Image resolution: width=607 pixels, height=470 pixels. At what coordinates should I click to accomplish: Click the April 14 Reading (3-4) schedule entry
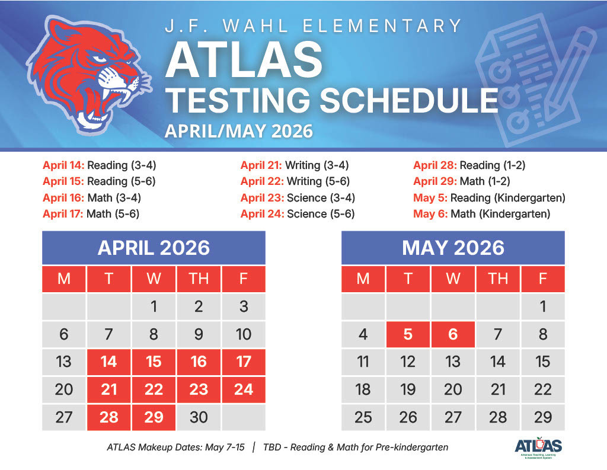point(99,165)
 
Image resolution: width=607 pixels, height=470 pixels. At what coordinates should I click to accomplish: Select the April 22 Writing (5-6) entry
point(295,181)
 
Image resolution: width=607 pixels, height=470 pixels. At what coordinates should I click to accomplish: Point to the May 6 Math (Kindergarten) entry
point(481,213)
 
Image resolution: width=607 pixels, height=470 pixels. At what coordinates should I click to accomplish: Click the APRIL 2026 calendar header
point(154,247)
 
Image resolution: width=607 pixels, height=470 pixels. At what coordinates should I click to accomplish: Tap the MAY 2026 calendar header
point(453,247)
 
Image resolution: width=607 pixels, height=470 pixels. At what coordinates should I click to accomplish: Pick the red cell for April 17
point(243,362)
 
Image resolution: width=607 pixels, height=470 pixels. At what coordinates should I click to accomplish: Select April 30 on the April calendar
point(199,417)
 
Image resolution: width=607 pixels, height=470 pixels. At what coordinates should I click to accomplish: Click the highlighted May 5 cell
point(408,334)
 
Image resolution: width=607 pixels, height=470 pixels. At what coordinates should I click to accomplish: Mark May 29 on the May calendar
point(542,417)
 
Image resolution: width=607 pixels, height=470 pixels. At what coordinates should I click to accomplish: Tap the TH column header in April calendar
point(199,279)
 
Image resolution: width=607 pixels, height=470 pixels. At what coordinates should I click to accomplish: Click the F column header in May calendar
point(542,279)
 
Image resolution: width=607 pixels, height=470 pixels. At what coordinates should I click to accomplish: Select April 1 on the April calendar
point(154,306)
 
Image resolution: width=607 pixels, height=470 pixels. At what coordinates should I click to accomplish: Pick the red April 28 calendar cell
point(108,417)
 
